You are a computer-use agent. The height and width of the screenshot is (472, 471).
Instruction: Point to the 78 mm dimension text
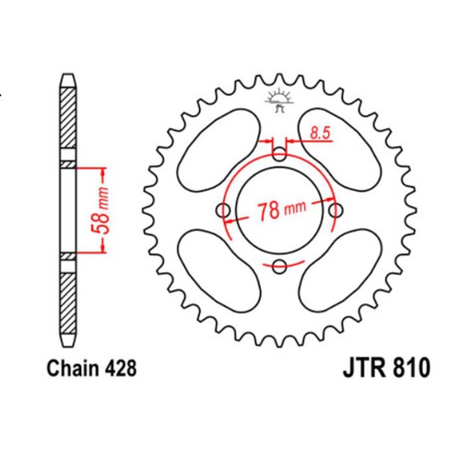tap(281, 209)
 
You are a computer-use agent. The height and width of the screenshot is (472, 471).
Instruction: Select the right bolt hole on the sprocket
tap(336, 210)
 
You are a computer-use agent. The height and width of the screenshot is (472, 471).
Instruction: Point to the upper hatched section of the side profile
tap(67, 120)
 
